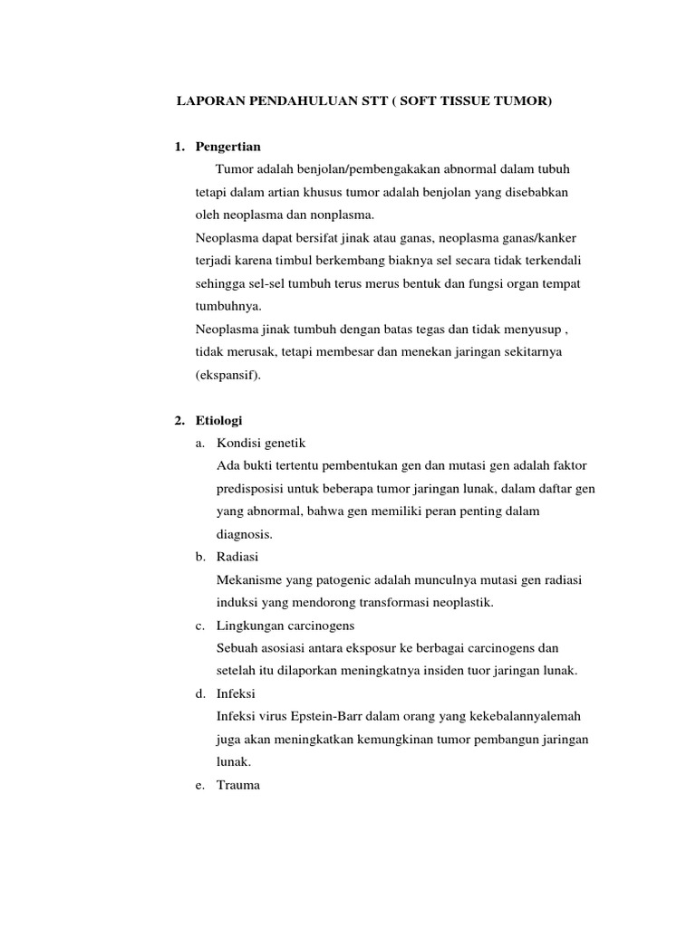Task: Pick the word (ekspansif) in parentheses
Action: click(227, 375)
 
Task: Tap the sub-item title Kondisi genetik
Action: click(262, 444)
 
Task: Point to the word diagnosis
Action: click(245, 534)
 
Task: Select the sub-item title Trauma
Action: click(238, 786)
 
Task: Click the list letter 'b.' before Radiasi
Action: click(200, 558)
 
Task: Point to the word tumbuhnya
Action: click(228, 307)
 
